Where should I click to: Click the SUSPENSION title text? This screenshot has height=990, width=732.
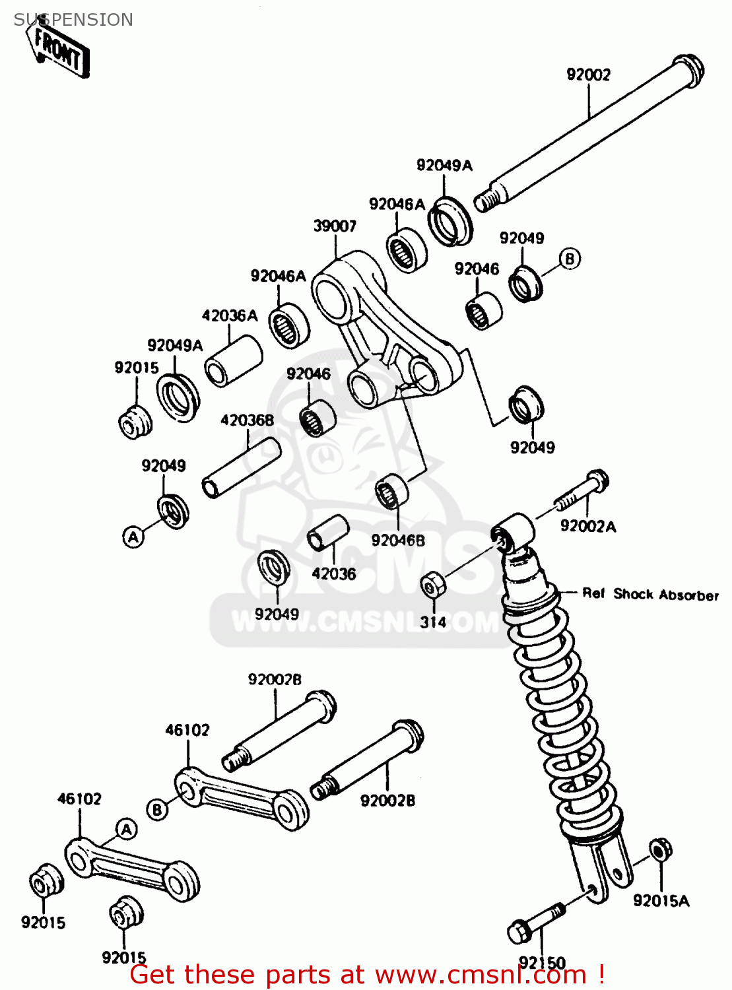pos(73,20)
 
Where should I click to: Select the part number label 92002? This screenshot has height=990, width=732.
pos(589,75)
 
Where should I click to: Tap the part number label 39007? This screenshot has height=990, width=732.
pos(335,226)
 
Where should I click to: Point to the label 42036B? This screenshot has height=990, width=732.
pos(247,420)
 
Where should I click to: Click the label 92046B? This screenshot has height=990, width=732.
pos(398,541)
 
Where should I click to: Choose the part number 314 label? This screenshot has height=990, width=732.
pos(433,622)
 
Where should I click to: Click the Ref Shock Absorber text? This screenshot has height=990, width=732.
pos(650,594)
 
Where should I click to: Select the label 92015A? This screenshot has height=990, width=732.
pos(661,900)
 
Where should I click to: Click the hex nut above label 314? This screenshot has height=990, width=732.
pos(433,584)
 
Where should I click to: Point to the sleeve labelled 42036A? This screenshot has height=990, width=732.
pos(233,361)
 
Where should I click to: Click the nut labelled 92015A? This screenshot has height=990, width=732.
pos(660,849)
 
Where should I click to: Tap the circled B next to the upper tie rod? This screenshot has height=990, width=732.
pos(157,809)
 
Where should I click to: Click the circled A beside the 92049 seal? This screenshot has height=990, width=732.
pos(133,537)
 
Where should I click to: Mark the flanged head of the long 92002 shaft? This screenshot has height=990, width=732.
pos(688,70)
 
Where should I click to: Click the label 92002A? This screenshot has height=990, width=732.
pos(587,526)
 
